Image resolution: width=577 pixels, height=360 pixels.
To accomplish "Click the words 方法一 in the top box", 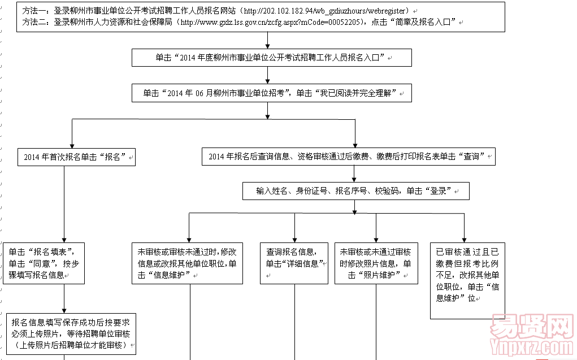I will tap(34, 11).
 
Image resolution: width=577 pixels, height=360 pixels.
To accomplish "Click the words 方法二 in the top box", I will tap(34, 23).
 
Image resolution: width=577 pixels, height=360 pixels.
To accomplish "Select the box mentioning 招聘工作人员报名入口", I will tap(271, 58).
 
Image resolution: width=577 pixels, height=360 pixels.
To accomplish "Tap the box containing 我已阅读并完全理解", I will tap(271, 93).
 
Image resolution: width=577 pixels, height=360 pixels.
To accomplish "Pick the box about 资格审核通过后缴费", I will tap(348, 157).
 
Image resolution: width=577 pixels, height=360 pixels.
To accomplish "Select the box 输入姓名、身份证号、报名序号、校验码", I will tap(355, 191).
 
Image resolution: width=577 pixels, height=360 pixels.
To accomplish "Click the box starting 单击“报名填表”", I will tap(44, 263).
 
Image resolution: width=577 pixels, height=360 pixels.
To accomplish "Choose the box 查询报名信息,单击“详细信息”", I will tap(294, 263).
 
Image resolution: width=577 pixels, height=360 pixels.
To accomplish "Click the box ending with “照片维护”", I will tap(376, 263).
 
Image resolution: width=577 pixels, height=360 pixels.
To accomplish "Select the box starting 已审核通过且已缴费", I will tap(467, 274).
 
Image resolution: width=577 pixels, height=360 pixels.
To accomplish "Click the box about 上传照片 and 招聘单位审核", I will tap(71, 333).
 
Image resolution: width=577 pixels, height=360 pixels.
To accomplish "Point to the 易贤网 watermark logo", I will tap(529, 326).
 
